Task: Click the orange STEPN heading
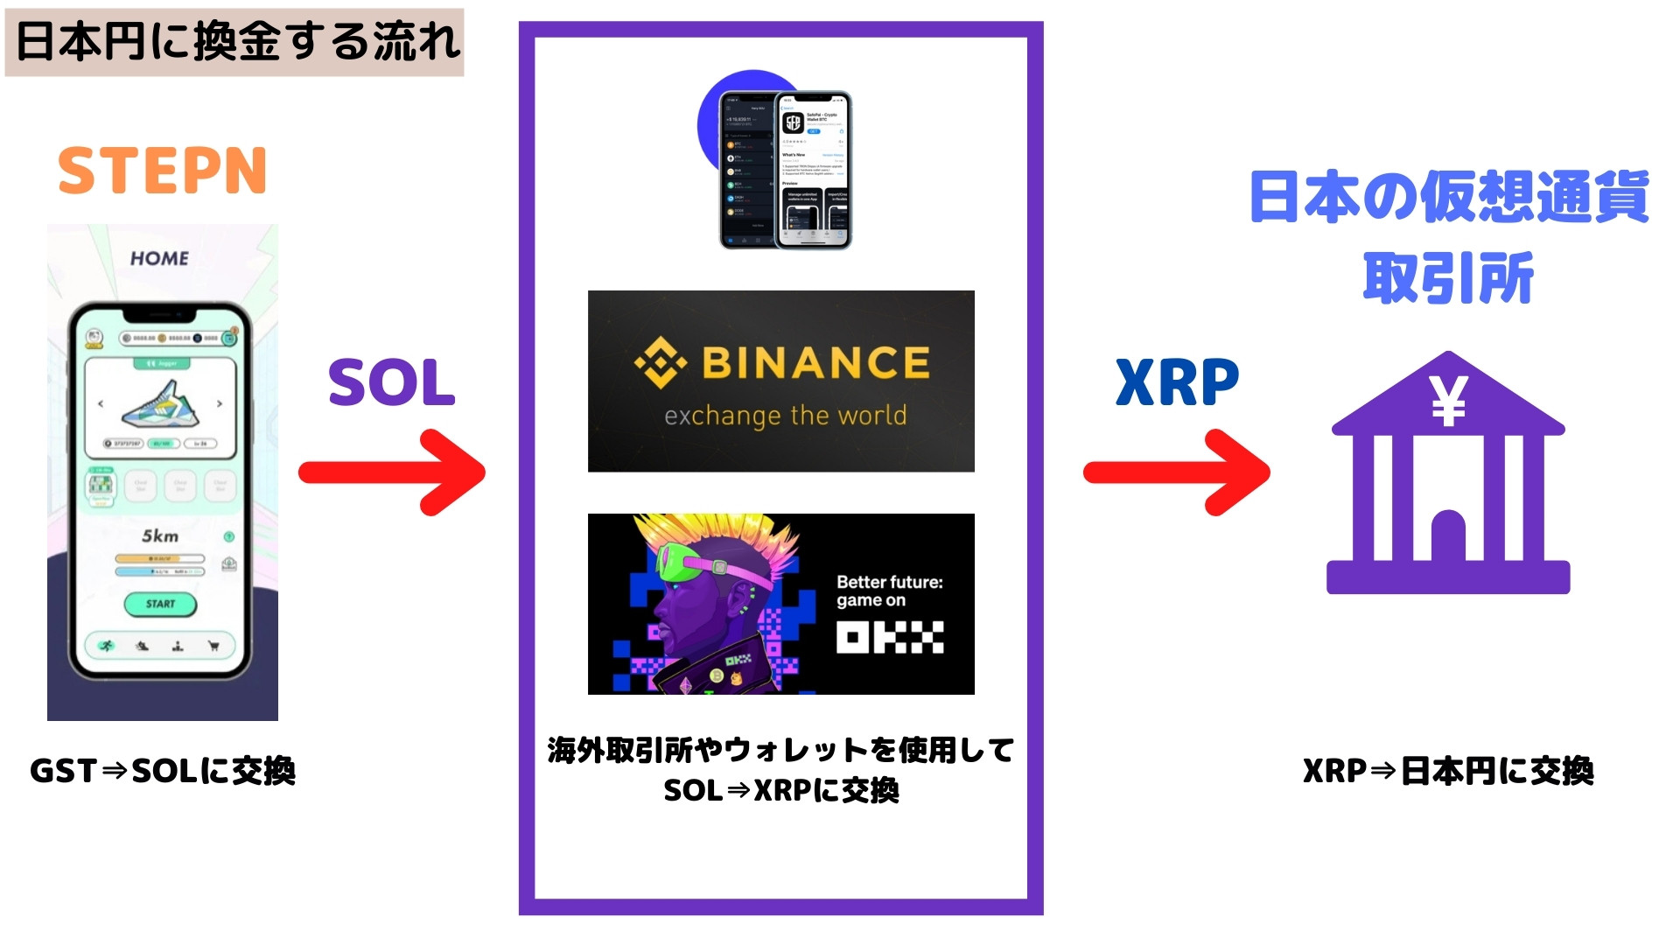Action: (x=162, y=171)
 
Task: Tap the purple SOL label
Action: (x=391, y=383)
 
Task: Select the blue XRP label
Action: (x=1177, y=383)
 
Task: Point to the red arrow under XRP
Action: (x=1176, y=472)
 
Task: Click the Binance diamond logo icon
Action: (x=660, y=362)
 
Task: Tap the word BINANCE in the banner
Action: (x=815, y=362)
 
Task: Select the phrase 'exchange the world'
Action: (x=785, y=416)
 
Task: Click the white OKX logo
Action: (x=889, y=637)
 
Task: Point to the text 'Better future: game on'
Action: (x=889, y=591)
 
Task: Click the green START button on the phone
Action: (x=160, y=604)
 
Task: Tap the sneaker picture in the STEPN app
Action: (x=160, y=403)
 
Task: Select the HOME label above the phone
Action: (x=159, y=258)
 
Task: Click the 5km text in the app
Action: (x=160, y=535)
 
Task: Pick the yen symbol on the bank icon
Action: (x=1448, y=402)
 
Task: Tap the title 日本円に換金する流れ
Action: (x=236, y=42)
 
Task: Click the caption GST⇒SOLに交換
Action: (x=163, y=771)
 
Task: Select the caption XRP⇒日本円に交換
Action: (x=1448, y=771)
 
